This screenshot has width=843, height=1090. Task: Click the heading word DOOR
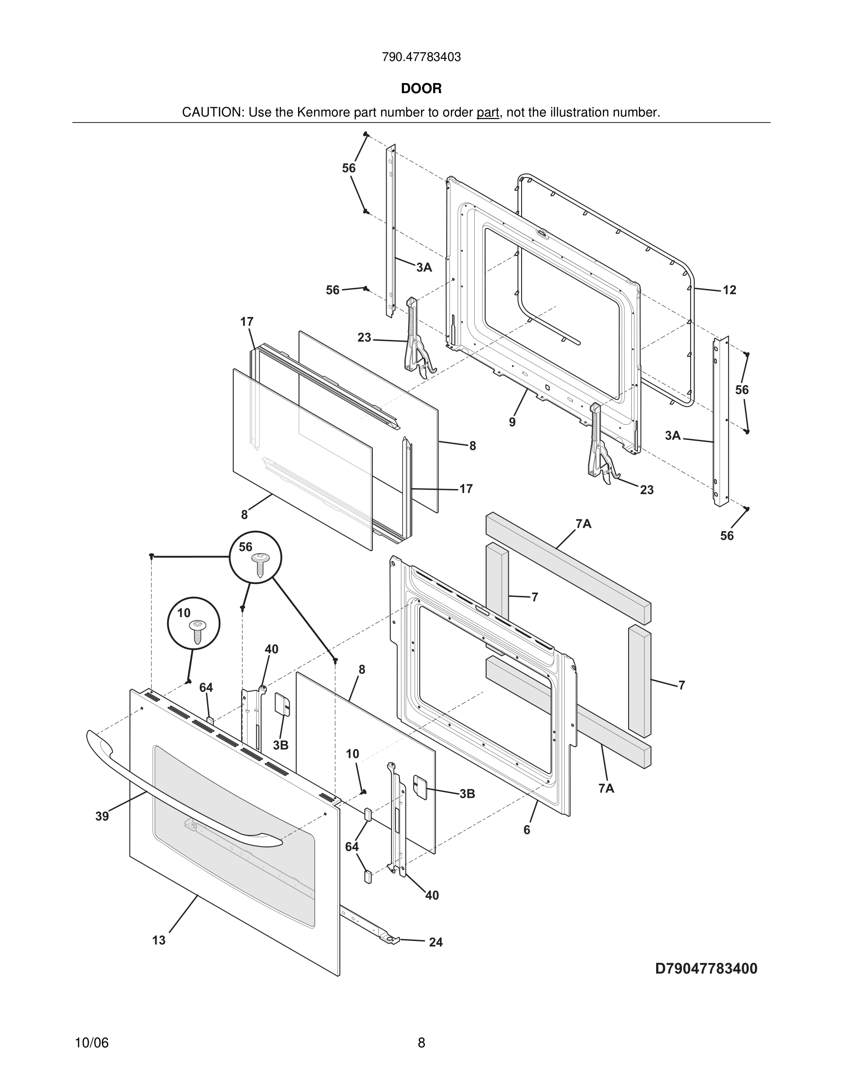point(421,89)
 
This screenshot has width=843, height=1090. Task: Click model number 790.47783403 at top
point(421,57)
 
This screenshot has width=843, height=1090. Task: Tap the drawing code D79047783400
point(706,969)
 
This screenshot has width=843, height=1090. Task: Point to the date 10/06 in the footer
point(91,1043)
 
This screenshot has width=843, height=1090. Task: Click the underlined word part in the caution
point(488,113)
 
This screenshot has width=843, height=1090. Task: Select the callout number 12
point(729,290)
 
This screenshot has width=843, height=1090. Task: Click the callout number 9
point(512,422)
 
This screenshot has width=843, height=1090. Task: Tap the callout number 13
point(159,940)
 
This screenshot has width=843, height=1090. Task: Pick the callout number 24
point(435,942)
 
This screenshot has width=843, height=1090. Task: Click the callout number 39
point(102,816)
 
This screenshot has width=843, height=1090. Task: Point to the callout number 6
point(526,830)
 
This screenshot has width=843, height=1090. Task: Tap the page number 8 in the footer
point(421,1043)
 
